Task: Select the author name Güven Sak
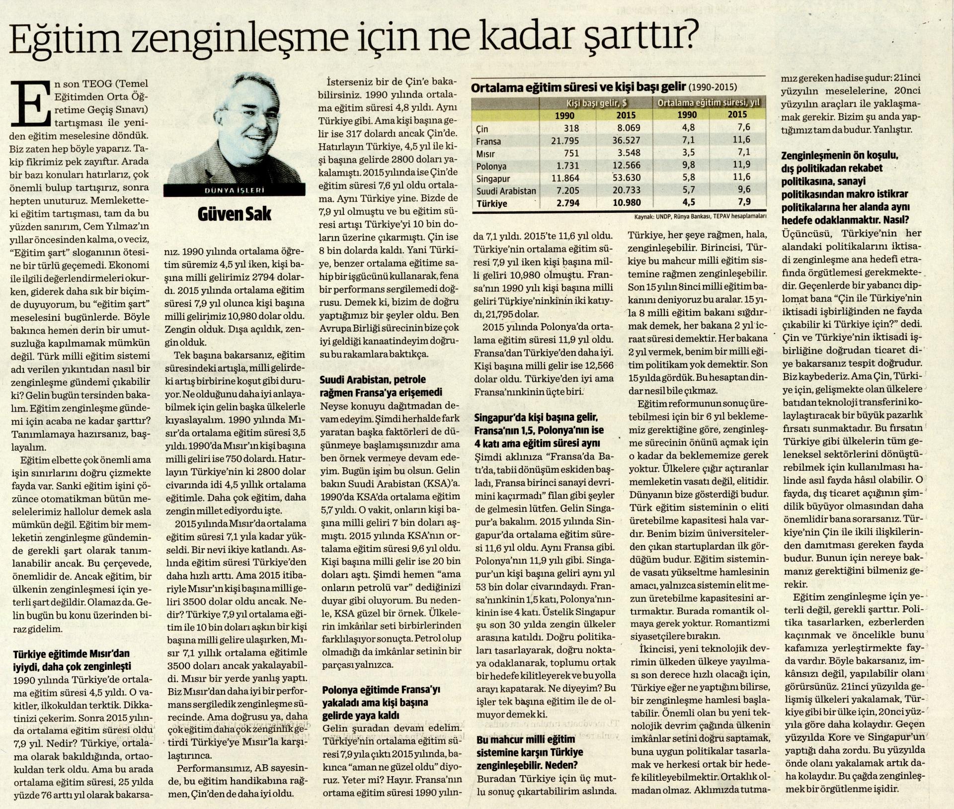click(234, 215)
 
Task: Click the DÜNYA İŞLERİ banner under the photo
click(234, 189)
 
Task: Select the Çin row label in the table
click(483, 129)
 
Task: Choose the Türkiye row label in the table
click(491, 203)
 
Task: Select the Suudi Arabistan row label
click(506, 191)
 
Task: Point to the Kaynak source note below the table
click(700, 217)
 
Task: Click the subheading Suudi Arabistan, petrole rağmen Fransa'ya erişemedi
click(382, 386)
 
